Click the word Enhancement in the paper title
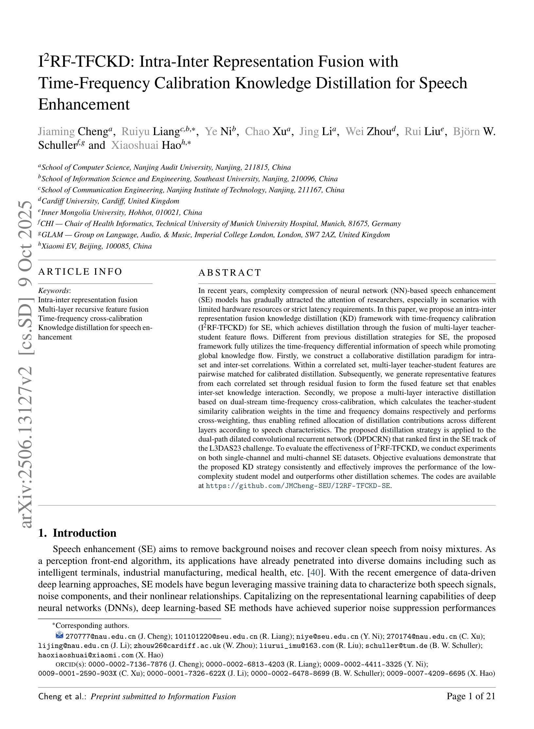[x=84, y=105]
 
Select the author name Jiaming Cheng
[x=75, y=131]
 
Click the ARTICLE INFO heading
[x=80, y=272]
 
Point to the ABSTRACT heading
[x=230, y=272]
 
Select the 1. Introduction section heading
[x=77, y=533]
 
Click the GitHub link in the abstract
[x=298, y=486]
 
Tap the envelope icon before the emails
[x=59, y=635]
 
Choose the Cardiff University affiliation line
[x=109, y=201]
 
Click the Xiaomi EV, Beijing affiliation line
[x=95, y=246]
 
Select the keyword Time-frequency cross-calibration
[x=90, y=319]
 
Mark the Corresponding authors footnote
[x=92, y=626]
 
